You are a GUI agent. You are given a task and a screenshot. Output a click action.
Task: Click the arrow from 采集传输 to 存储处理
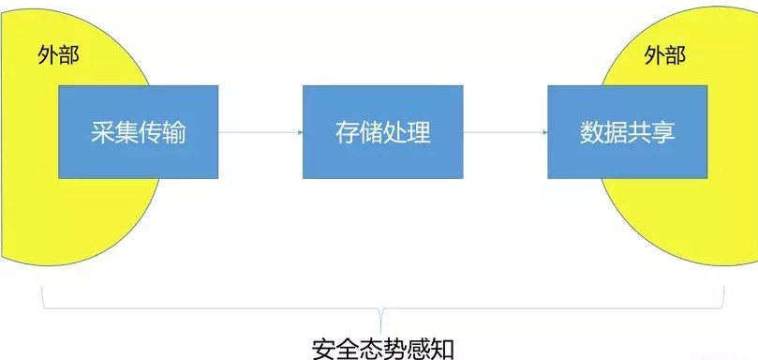tap(260, 131)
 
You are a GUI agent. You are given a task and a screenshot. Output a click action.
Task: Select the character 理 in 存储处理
tap(419, 132)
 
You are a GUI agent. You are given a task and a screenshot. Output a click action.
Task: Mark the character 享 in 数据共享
tap(663, 132)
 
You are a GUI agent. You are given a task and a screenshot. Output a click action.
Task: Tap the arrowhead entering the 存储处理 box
tap(299, 131)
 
